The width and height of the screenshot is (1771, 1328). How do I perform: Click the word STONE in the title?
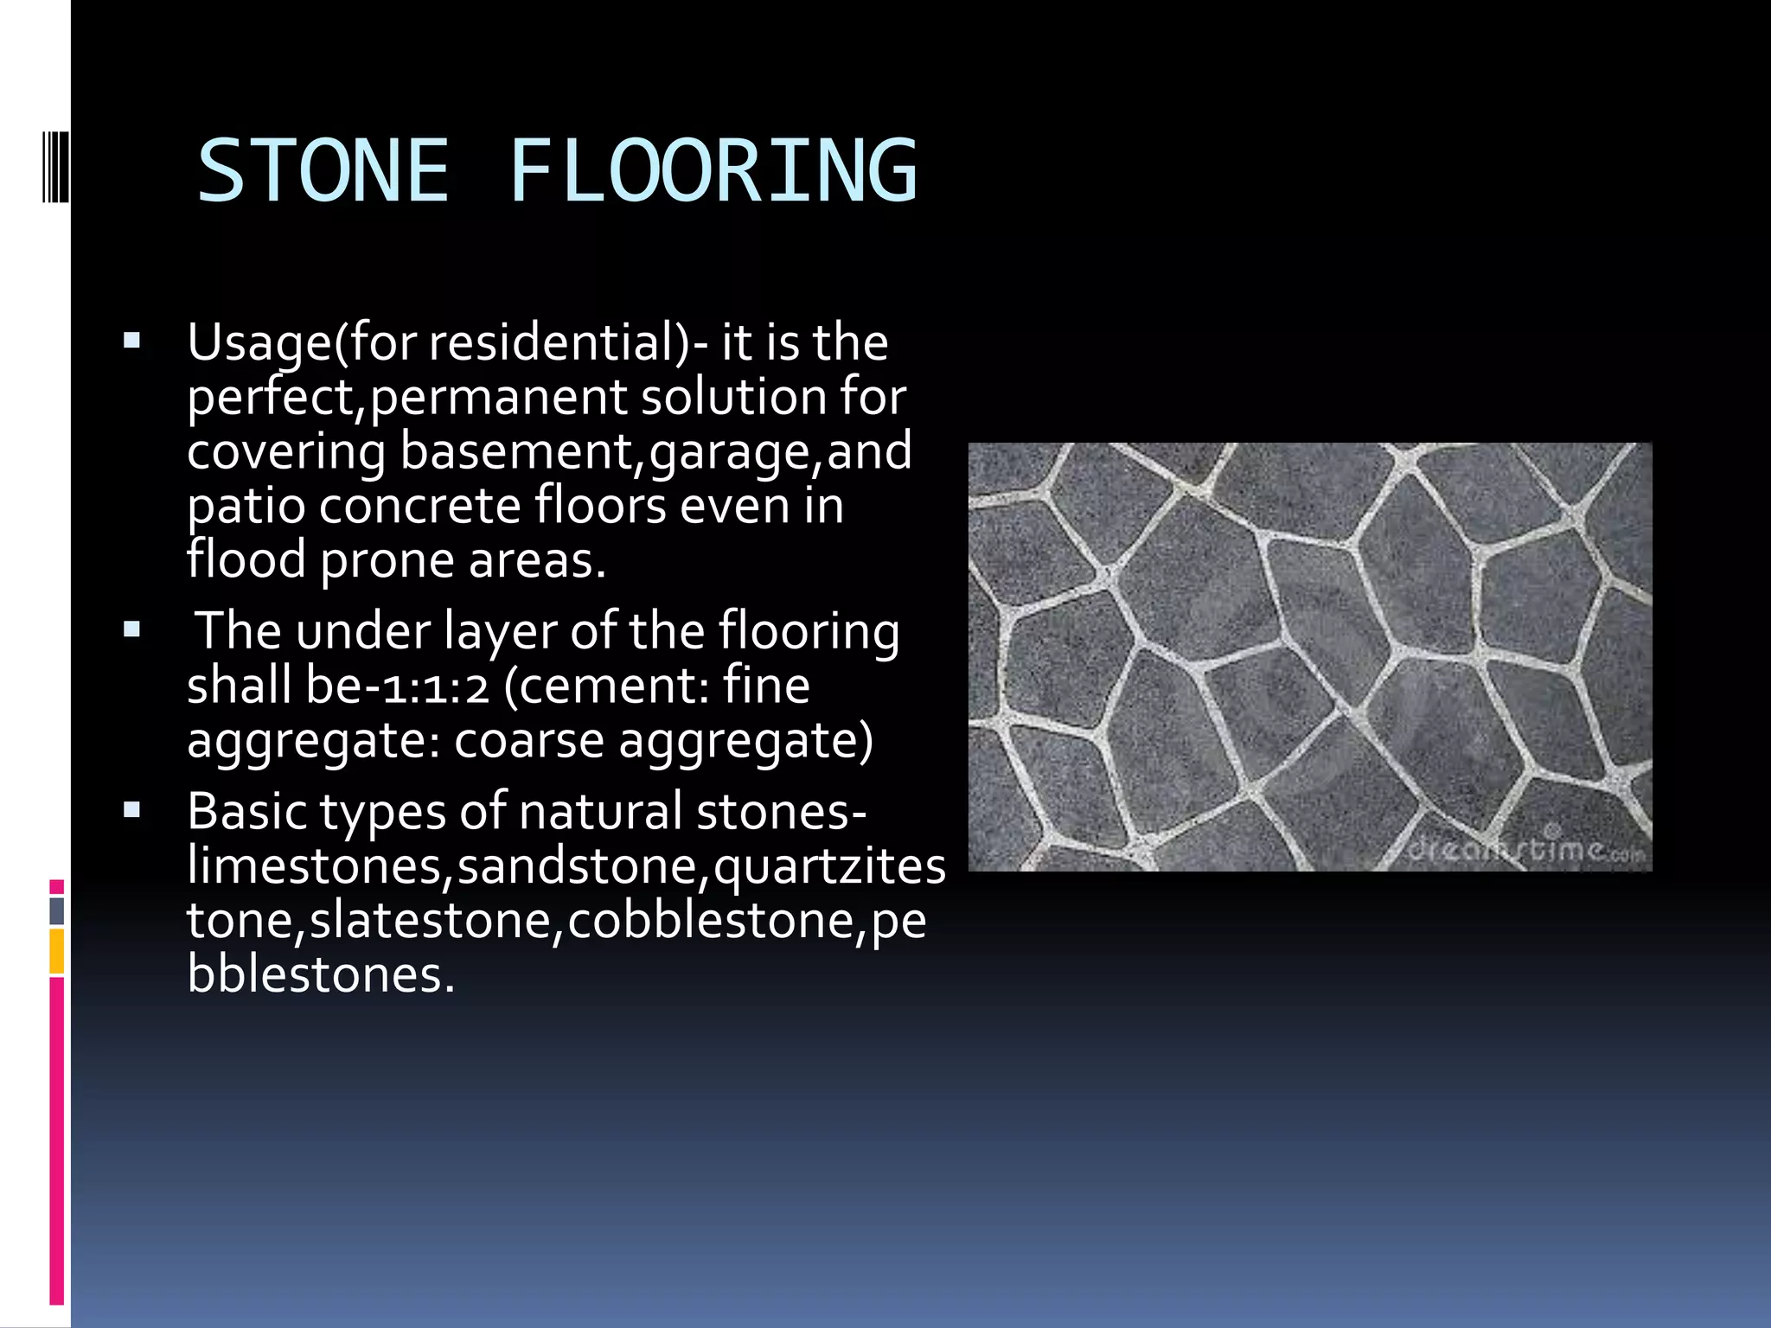pos(323,171)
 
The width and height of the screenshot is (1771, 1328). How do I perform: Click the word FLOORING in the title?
pos(713,171)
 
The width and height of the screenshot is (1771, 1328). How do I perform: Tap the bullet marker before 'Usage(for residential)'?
pos(131,341)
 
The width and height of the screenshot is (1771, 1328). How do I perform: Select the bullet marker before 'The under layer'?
pos(131,629)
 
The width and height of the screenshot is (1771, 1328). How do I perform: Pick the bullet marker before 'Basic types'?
pos(131,810)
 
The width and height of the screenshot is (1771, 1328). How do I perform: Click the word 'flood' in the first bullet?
pos(246,559)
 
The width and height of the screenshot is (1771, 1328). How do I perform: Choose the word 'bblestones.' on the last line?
pos(320,974)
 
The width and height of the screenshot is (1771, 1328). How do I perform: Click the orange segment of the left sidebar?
pos(56,951)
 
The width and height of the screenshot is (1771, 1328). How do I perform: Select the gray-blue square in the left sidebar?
pos(56,911)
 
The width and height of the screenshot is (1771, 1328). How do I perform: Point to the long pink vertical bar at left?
pos(56,1141)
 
